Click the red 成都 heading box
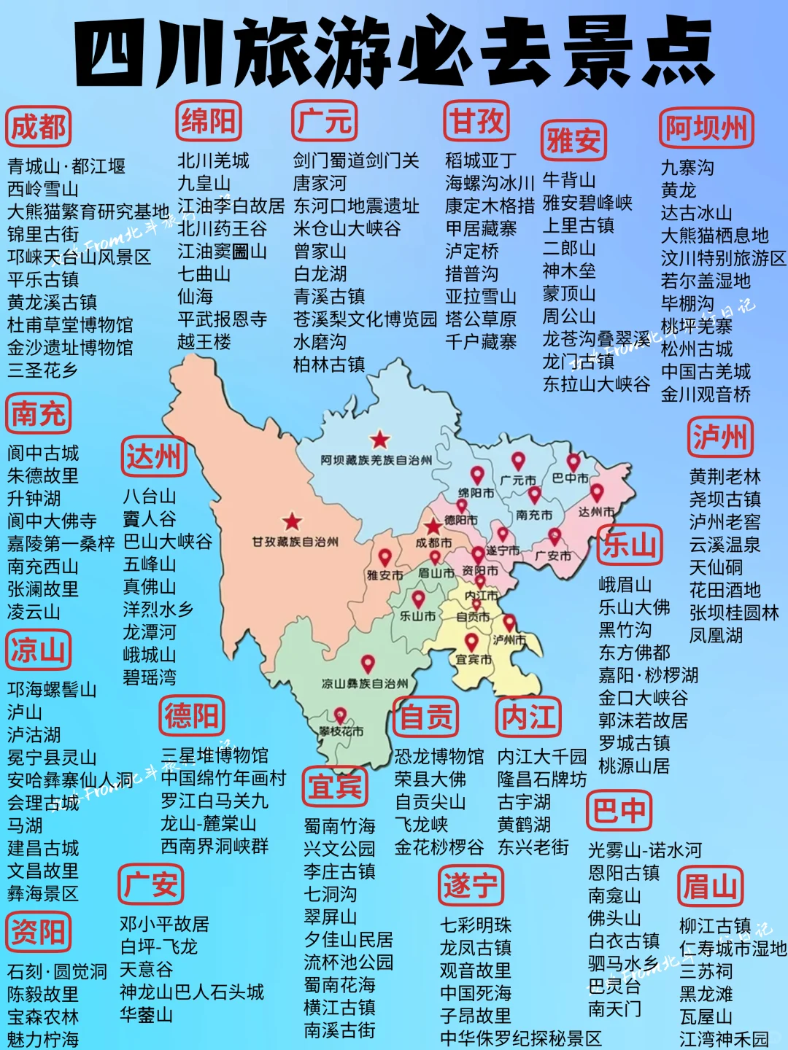(38, 128)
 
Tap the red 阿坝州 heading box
(706, 128)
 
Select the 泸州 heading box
(720, 437)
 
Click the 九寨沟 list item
(687, 168)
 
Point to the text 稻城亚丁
(481, 160)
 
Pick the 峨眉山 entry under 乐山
(625, 585)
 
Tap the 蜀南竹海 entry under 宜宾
(339, 826)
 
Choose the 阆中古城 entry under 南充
(43, 454)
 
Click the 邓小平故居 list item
(164, 925)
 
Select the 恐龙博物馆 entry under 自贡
(439, 756)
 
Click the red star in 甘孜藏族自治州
(293, 521)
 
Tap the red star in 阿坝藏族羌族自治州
(379, 440)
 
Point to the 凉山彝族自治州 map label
(365, 684)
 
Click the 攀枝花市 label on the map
(341, 731)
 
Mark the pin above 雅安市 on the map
(385, 559)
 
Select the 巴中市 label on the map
(570, 478)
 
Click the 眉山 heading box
(710, 887)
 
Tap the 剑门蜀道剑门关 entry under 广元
(356, 160)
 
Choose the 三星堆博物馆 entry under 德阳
(215, 755)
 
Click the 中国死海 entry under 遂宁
(475, 993)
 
